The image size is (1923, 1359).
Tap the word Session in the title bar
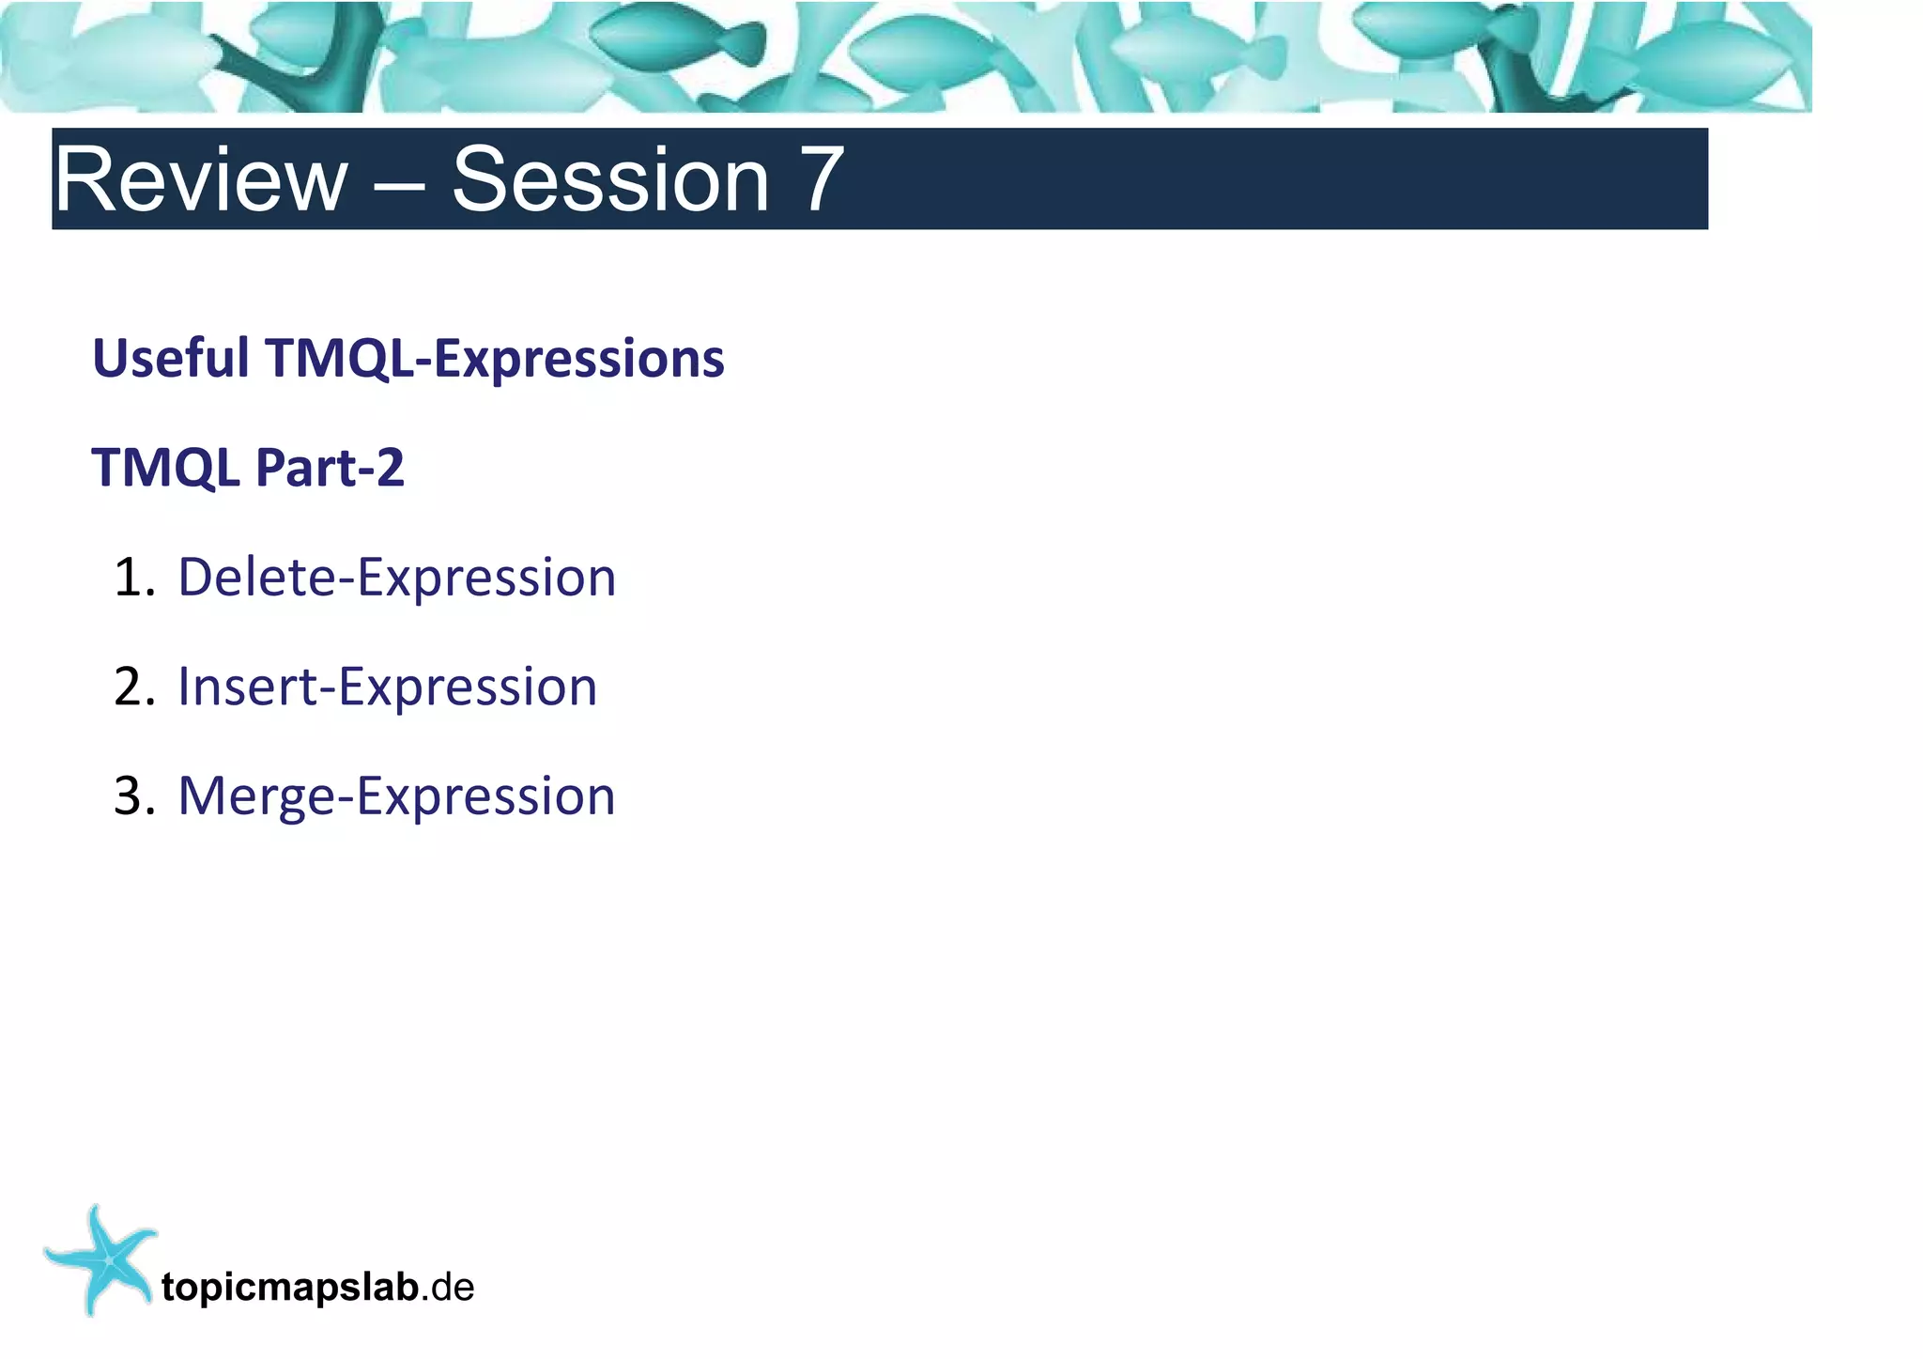tap(610, 179)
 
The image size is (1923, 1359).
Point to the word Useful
tap(171, 358)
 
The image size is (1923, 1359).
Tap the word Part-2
tap(330, 467)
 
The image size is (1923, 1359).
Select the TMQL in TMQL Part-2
tap(165, 467)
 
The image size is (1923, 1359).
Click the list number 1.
tap(132, 577)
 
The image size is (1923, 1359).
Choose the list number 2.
tap(132, 687)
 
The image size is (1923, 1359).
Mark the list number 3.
tap(132, 795)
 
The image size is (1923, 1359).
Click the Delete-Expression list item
tap(396, 577)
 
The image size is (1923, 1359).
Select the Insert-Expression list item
tap(387, 687)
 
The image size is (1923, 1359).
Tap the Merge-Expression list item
tap(396, 796)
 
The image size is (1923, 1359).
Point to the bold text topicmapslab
tap(289, 1287)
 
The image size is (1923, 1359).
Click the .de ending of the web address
tap(448, 1287)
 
